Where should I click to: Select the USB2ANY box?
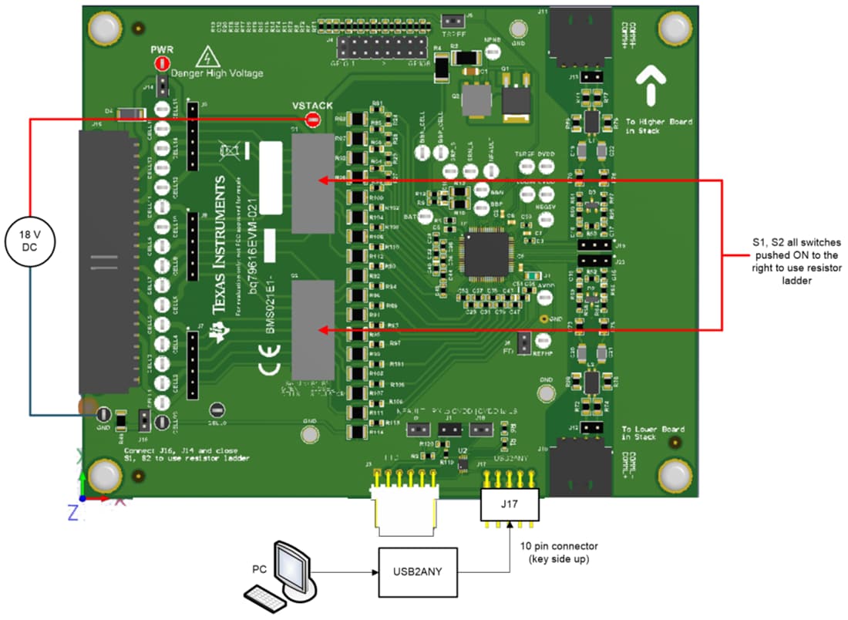click(419, 572)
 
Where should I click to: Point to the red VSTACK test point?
click(312, 120)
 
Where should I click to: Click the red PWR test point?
click(162, 64)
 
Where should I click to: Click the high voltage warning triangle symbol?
click(205, 56)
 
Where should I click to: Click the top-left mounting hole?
click(103, 28)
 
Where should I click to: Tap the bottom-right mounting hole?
click(675, 477)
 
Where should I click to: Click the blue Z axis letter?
click(73, 511)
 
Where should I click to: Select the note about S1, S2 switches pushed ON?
click(795, 261)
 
